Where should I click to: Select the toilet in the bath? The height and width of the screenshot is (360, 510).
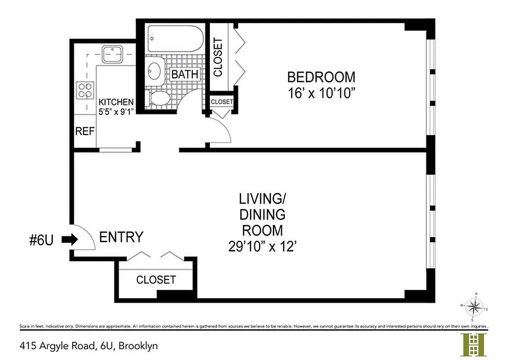click(x=158, y=98)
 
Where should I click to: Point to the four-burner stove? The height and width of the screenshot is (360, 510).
click(x=86, y=90)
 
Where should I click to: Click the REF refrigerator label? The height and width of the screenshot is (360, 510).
click(x=85, y=131)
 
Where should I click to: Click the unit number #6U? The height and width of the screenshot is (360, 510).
click(x=41, y=240)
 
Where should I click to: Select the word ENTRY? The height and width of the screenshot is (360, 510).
click(x=121, y=237)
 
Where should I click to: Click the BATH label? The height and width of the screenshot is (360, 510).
click(x=185, y=74)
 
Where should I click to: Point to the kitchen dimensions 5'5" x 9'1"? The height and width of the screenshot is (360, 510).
click(x=116, y=112)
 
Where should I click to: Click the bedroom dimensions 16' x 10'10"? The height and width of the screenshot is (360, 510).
click(x=321, y=93)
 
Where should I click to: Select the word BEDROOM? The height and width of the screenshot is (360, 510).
click(x=321, y=77)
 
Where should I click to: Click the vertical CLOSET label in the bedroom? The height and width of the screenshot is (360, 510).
click(x=218, y=57)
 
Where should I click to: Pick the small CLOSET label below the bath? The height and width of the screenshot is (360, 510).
click(x=221, y=102)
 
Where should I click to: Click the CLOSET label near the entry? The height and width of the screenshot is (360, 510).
click(x=156, y=279)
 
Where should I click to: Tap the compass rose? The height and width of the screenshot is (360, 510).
click(x=473, y=307)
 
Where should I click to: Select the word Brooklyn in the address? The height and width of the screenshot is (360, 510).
click(x=140, y=346)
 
